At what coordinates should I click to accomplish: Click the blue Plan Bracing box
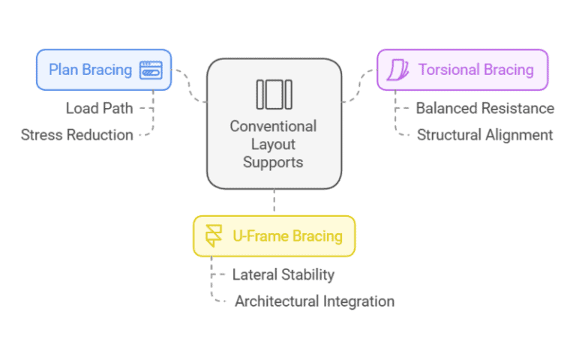(x=103, y=70)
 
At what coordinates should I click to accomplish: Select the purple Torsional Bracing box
(x=462, y=70)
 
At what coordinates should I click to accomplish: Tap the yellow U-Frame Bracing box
(x=274, y=236)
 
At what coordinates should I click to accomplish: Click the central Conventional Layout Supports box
(x=274, y=124)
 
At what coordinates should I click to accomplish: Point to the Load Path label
(x=99, y=108)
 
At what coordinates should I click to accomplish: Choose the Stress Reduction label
(x=77, y=135)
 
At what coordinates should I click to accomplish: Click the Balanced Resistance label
(x=484, y=108)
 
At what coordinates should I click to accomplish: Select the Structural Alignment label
(x=484, y=135)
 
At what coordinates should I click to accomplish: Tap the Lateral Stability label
(x=283, y=274)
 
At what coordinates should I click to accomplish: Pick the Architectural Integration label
(x=314, y=301)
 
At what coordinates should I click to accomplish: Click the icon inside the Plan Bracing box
(x=151, y=70)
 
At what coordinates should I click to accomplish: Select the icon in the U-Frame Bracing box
(x=214, y=236)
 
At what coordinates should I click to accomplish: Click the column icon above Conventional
(x=274, y=94)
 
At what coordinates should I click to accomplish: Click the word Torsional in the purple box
(x=447, y=70)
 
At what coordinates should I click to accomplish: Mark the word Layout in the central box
(x=274, y=143)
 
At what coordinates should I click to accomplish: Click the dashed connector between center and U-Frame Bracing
(x=274, y=202)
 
